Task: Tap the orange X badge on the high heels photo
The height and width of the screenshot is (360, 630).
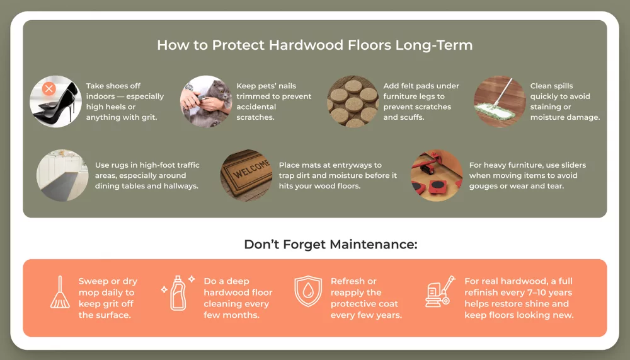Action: (x=49, y=89)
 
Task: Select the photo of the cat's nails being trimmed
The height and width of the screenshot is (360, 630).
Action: (x=205, y=102)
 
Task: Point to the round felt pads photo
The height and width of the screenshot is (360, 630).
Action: (x=352, y=102)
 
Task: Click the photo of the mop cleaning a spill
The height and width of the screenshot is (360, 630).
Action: (x=499, y=102)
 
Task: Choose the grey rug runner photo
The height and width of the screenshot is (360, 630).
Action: (x=62, y=175)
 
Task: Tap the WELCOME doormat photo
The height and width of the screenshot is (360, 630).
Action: (x=246, y=175)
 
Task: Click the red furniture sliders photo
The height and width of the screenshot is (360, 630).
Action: (x=436, y=175)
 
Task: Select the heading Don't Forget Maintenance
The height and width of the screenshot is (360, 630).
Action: (x=331, y=245)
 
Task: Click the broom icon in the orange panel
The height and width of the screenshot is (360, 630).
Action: (x=60, y=293)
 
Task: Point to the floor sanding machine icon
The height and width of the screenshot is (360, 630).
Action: (x=439, y=293)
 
